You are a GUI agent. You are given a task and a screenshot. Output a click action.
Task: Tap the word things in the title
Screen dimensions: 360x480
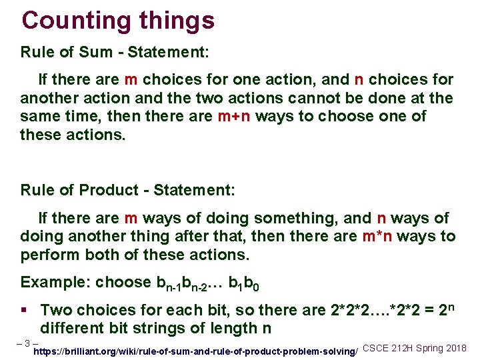click(177, 20)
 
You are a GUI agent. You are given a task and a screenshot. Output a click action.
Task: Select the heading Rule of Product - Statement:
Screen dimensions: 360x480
click(127, 190)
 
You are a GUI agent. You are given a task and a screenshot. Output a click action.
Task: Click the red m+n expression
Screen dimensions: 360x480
click(234, 117)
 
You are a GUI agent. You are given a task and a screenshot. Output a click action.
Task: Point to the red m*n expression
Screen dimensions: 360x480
click(379, 237)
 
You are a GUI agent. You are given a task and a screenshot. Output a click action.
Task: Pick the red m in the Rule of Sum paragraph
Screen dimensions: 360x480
click(131, 80)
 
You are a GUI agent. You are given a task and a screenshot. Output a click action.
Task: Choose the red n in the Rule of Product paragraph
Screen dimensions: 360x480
click(382, 219)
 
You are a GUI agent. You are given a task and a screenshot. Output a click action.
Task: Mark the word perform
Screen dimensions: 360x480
click(47, 255)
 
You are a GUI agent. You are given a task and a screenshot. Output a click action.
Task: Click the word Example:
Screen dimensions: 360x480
click(55, 282)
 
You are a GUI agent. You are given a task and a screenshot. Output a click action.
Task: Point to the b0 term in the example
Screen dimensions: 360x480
click(251, 283)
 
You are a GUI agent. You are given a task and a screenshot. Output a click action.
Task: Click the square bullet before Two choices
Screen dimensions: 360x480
click(25, 310)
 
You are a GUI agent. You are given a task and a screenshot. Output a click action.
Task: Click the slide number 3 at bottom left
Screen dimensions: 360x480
click(26, 344)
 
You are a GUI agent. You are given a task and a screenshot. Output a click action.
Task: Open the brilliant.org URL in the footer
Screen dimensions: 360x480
click(196, 351)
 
